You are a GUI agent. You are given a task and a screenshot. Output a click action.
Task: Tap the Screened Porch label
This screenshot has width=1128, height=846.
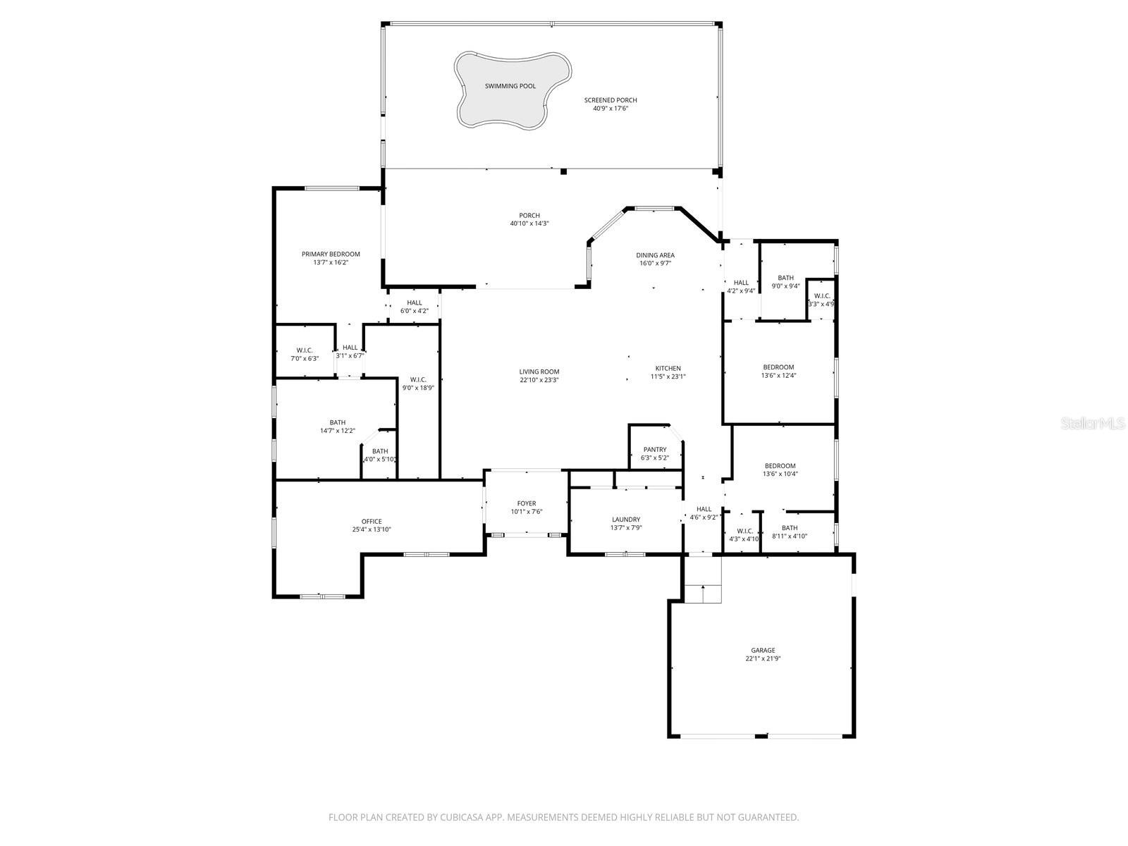[x=610, y=100]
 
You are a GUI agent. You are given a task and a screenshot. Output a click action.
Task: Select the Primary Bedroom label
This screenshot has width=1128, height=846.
[x=331, y=255]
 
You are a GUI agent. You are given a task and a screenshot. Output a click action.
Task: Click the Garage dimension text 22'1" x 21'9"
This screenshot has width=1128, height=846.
[x=763, y=659]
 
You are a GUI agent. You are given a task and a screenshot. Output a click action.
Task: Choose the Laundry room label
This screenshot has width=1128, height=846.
[x=626, y=520]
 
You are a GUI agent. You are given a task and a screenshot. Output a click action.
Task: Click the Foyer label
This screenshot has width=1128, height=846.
[x=526, y=503]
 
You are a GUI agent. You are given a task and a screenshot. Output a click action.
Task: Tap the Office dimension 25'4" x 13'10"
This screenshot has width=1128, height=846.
[x=372, y=530]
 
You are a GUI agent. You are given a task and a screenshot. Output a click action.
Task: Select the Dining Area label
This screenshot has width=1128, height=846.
[x=655, y=255]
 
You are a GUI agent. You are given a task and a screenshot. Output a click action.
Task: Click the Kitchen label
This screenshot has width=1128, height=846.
[x=668, y=368]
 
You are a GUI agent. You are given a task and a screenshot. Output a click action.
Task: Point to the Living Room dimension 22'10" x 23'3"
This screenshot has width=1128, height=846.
[x=539, y=381]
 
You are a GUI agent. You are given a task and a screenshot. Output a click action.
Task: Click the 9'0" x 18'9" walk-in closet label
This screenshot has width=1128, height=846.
[x=418, y=388]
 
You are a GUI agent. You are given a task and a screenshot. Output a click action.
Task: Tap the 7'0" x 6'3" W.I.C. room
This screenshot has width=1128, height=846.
[x=305, y=354]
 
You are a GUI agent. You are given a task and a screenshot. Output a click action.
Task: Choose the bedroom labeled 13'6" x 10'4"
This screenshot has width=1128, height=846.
[x=780, y=470]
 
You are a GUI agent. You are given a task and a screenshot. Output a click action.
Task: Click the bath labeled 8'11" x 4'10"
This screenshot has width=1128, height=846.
[x=790, y=532]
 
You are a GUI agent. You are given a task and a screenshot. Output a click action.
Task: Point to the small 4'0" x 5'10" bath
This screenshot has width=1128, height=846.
[x=379, y=455]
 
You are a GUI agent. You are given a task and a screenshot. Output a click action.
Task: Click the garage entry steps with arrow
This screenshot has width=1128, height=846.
[x=703, y=594]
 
